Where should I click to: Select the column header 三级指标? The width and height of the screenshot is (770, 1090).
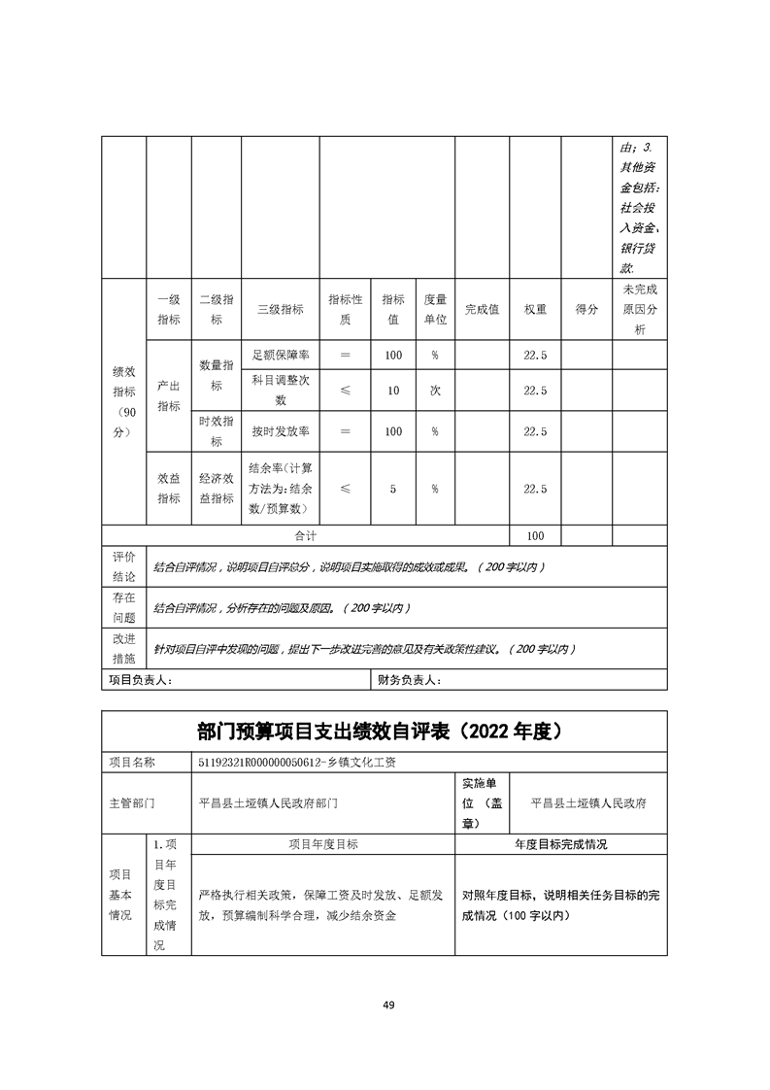pos(280,309)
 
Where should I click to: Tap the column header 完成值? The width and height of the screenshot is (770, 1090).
pos(482,309)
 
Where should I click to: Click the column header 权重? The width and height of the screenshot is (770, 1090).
pos(535,309)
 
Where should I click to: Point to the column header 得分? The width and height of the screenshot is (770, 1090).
pos(586,309)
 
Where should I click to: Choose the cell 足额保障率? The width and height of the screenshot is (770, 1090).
pos(280,356)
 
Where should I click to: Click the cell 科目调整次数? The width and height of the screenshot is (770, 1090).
pos(280,390)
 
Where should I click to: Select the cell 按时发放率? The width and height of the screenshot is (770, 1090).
pos(280,431)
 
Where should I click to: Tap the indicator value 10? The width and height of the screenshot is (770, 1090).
pos(393,391)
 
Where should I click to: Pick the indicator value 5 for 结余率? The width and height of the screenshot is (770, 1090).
pos(393,489)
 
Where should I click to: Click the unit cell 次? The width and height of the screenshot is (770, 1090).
pos(435,391)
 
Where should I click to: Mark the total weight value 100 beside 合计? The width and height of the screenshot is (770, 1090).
pos(535,536)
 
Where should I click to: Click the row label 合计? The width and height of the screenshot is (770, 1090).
pos(306,536)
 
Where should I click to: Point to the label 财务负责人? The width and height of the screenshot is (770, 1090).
pos(409,681)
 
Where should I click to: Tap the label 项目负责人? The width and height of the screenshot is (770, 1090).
pos(141,681)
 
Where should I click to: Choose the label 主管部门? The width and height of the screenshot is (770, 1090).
pos(134,803)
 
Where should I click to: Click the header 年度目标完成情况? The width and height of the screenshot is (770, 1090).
pos(560,844)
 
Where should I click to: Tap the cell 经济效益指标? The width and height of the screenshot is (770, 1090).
pos(217,489)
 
